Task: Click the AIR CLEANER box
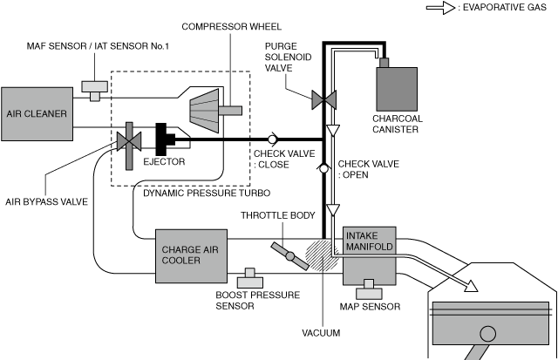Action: pyautogui.click(x=37, y=113)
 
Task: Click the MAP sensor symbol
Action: pyautogui.click(x=369, y=285)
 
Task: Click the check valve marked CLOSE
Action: pyautogui.click(x=272, y=139)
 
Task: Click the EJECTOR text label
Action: pyautogui.click(x=158, y=161)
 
